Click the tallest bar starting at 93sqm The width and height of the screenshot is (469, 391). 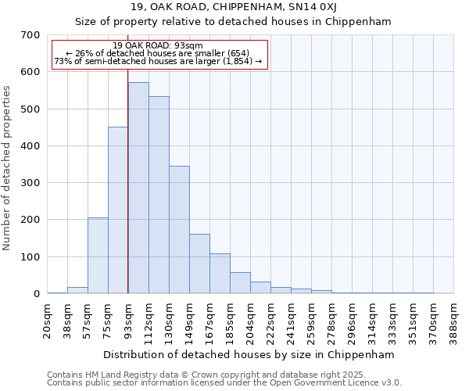tap(138, 188)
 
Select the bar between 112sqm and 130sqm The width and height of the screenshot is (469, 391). tap(159, 195)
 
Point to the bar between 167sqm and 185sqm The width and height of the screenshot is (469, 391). tap(220, 273)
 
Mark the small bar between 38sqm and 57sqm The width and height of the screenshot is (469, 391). tap(77, 290)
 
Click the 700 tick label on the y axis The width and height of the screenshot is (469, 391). tap(30, 35)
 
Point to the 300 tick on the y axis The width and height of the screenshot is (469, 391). tap(30, 183)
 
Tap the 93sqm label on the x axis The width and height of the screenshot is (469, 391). tap(128, 317)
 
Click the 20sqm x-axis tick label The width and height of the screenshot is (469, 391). tap(47, 317)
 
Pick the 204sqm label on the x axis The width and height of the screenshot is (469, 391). tap(250, 318)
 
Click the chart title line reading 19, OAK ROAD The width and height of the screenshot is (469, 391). tap(232, 7)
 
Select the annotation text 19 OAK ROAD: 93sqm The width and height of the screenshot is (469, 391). tap(158, 45)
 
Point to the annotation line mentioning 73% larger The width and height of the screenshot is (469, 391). tap(159, 61)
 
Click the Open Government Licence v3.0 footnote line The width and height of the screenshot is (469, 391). tap(224, 383)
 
